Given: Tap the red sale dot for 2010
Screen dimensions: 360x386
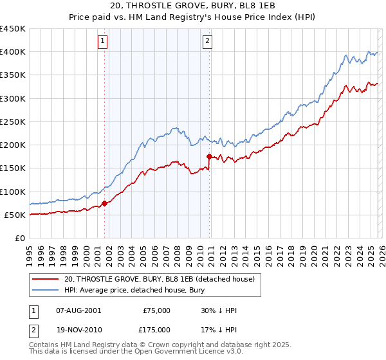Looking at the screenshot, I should pyautogui.click(x=209, y=156).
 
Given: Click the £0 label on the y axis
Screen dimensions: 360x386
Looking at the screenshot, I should pyautogui.click(x=21, y=238).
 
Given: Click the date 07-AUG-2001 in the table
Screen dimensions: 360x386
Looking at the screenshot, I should pyautogui.click(x=78, y=310).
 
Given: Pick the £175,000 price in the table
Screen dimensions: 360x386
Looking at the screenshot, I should pyautogui.click(x=156, y=329).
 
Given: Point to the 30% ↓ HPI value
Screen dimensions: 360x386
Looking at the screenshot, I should pyautogui.click(x=219, y=310).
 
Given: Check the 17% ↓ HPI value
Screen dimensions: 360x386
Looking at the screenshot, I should pyautogui.click(x=219, y=329).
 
